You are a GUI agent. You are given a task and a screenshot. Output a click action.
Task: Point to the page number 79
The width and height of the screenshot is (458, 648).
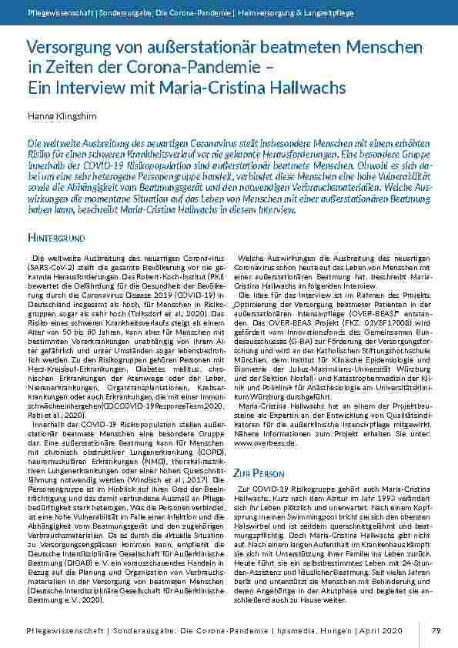click(x=436, y=631)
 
